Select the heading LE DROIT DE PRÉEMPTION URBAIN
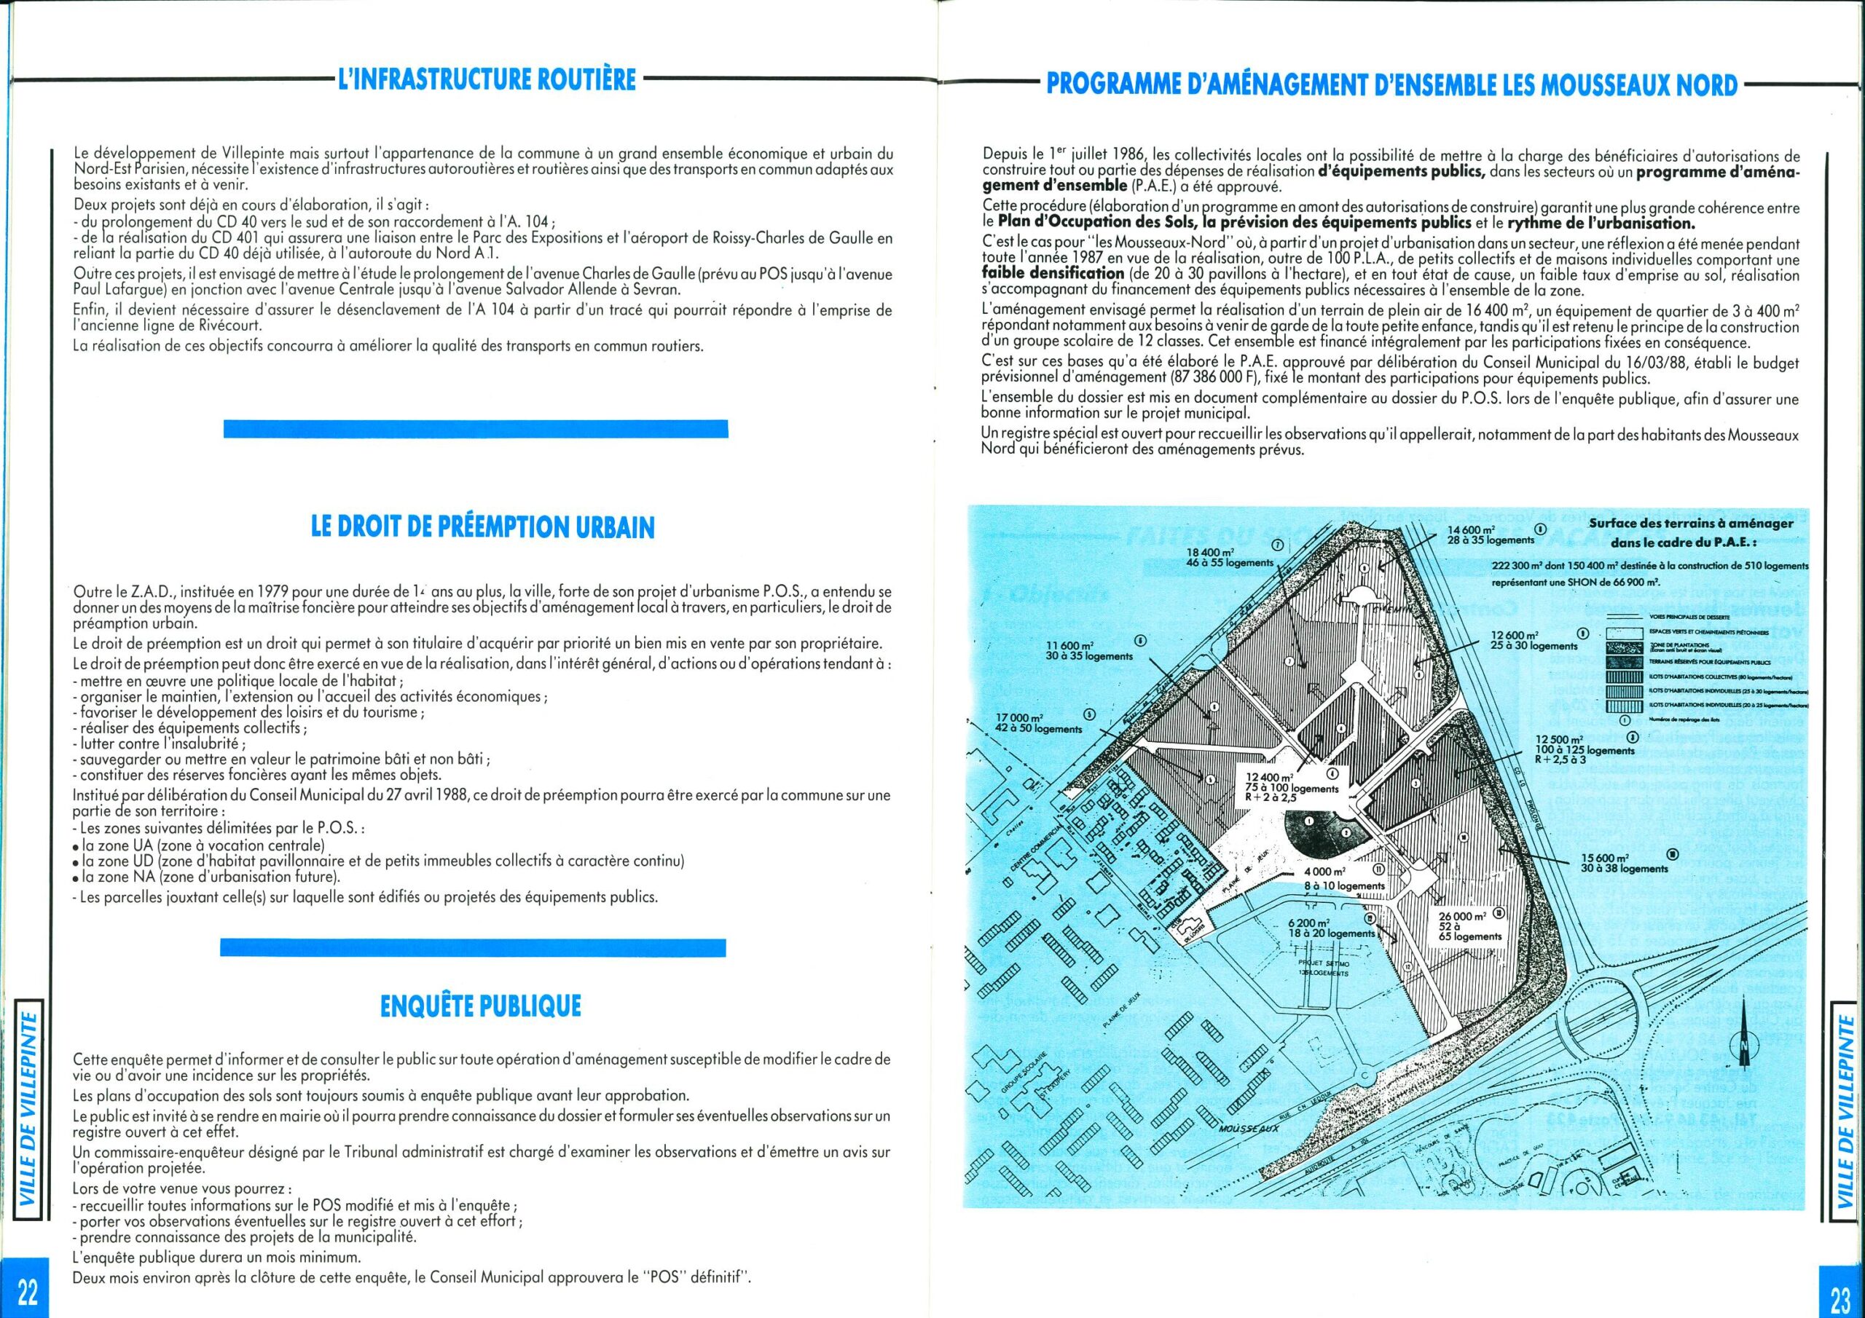(483, 528)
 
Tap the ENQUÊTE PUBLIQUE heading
(481, 1007)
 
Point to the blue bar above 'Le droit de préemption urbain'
(475, 429)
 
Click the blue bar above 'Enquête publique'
(473, 945)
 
